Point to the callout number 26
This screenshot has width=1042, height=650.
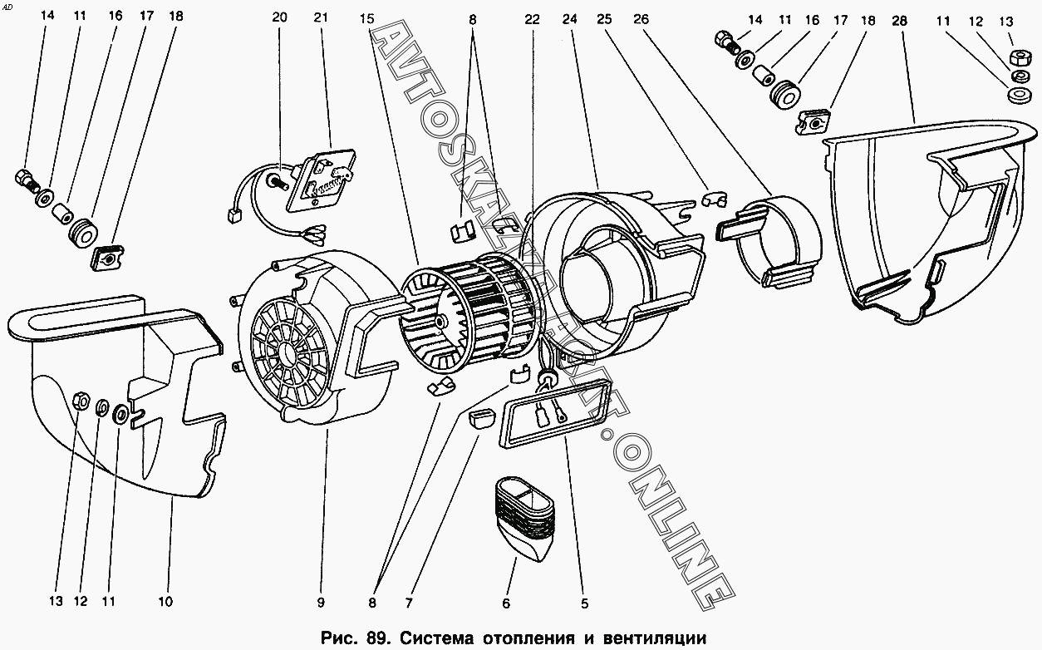point(641,19)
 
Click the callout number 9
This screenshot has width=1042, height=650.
point(321,602)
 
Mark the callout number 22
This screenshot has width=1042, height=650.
point(533,19)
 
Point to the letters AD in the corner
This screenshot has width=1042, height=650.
point(7,7)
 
